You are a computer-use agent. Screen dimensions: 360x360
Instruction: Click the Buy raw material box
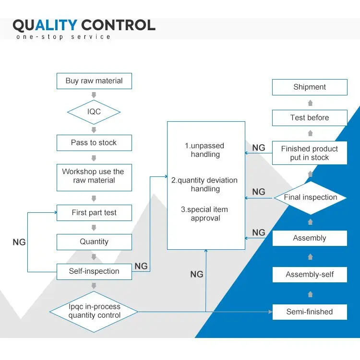(94, 81)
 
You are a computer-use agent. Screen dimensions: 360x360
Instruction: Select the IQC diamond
(94, 112)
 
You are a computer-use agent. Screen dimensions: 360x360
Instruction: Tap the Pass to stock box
(94, 143)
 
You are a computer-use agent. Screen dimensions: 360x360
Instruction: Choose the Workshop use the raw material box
(94, 177)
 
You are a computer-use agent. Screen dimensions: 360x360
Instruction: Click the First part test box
(94, 213)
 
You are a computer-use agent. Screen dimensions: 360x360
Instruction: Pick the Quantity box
(94, 242)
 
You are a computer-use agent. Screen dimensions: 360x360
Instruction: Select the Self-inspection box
(94, 272)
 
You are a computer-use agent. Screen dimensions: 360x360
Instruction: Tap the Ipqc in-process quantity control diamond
(94, 312)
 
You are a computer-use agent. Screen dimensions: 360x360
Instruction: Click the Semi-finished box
(310, 312)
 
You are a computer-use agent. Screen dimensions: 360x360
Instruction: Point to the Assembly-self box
(310, 274)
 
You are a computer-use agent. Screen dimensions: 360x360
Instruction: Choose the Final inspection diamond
(311, 197)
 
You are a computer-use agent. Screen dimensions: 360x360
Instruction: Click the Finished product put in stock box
(310, 153)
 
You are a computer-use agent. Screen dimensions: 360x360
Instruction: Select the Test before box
(310, 118)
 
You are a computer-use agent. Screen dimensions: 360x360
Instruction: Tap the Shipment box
(310, 87)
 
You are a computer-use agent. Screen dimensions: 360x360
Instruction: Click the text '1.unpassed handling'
(205, 150)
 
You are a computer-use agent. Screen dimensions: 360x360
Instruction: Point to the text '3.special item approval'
(204, 214)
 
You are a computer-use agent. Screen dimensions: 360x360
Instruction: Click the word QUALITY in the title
(45, 25)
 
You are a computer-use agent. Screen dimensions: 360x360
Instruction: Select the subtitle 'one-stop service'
(63, 37)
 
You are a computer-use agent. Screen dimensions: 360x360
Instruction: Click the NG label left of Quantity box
(19, 242)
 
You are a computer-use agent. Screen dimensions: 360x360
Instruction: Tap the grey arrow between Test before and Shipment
(310, 103)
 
